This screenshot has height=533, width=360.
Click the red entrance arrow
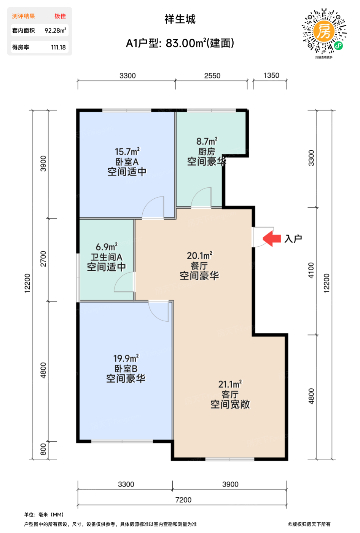coord(272,238)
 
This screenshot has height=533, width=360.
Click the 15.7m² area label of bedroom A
coord(127,152)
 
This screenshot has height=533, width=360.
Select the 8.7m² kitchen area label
coord(207,141)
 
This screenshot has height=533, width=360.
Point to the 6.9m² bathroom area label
coord(107,247)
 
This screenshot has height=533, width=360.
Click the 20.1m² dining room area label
coord(199,255)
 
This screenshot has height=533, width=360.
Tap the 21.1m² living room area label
coord(230,384)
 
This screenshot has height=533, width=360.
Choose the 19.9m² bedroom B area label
coord(126,358)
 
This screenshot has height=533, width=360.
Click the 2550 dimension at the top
coord(212,76)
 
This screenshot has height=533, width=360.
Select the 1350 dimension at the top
coord(271,75)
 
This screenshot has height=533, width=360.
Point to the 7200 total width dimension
coord(183,499)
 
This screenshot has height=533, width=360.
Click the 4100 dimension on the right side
coord(311,270)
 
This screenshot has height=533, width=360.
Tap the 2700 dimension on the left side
coord(43,259)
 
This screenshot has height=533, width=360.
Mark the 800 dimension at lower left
coord(43,449)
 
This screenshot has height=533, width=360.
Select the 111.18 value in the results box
coord(58,47)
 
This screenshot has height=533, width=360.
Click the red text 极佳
coord(60,16)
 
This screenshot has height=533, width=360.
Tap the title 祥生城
coord(180,19)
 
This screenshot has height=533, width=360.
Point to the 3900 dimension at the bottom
coord(230,484)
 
